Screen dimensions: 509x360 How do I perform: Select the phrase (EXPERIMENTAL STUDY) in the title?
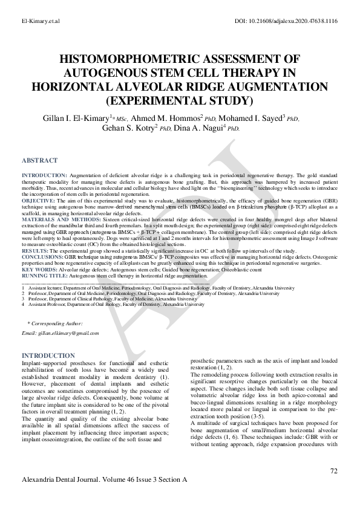(180, 99)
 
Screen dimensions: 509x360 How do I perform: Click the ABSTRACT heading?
(39, 161)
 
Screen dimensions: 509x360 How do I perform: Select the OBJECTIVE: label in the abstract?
(38, 200)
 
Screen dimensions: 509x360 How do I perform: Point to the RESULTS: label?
(34, 250)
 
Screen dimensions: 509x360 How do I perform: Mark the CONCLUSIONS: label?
(42, 256)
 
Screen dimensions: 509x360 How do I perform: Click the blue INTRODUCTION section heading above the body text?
(48, 355)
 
